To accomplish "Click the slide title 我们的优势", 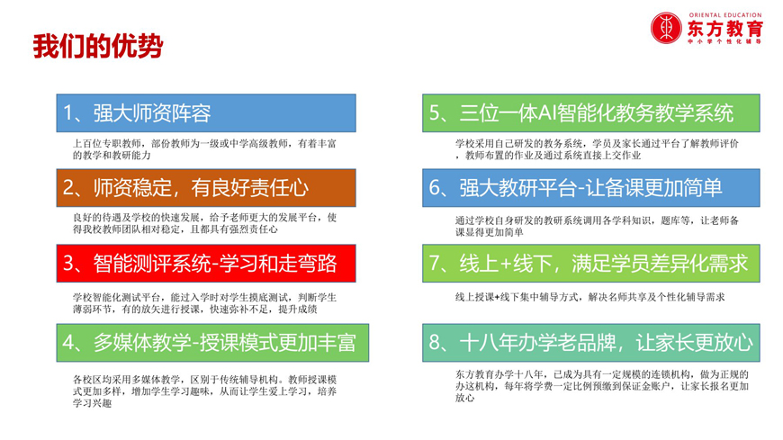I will click(x=98, y=47).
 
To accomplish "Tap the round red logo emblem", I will click(x=667, y=28).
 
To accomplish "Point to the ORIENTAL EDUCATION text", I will click(x=724, y=13).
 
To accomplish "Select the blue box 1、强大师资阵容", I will click(x=205, y=113).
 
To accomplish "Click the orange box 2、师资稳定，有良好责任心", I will click(x=205, y=188).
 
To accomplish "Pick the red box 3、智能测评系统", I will click(x=205, y=263).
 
